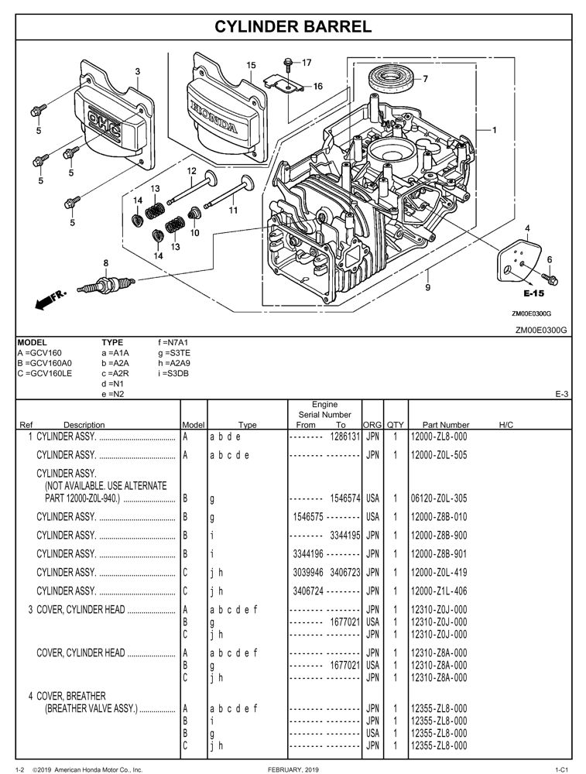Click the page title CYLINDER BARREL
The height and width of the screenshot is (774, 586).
point(293,26)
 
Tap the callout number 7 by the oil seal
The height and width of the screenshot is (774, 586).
point(425,78)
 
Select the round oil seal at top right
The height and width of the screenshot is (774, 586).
point(395,77)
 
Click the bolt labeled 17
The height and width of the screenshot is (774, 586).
point(288,61)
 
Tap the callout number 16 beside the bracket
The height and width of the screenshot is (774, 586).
point(317,87)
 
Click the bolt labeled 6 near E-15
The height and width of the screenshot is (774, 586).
point(553,276)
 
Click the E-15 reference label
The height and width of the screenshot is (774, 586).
point(533,293)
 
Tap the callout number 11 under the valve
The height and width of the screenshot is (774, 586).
point(232,209)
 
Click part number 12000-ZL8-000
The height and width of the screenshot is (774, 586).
point(438,437)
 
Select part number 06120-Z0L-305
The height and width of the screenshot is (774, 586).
point(438,498)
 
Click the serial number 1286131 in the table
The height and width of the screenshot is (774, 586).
point(344,437)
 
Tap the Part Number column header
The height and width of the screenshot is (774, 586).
point(445,424)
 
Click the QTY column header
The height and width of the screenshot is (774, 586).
point(395,424)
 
